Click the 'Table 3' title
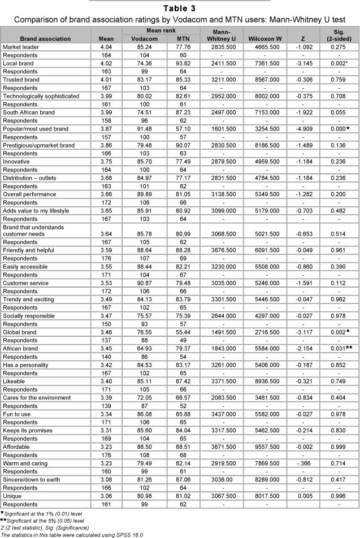[180, 8]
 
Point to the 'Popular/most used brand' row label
[35, 129]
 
